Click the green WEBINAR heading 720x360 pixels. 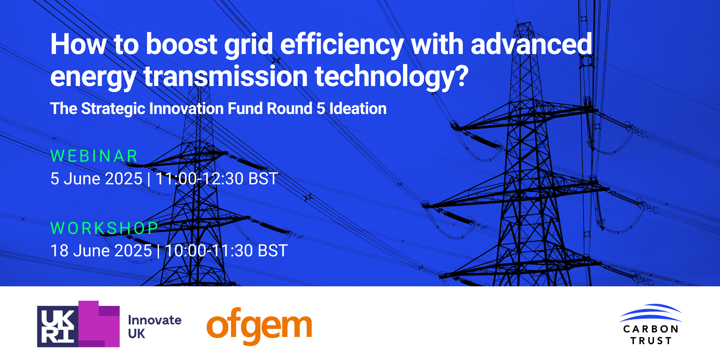tap(94, 156)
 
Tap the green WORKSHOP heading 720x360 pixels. tap(104, 228)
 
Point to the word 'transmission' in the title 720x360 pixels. tap(226, 77)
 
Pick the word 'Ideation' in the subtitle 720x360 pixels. tap(358, 109)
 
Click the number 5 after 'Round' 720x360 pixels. tap(321, 109)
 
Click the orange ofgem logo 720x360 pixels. tap(259, 325)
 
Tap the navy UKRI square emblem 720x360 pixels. tap(58, 326)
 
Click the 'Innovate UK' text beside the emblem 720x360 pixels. tap(155, 327)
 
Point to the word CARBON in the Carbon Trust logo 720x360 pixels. tap(651, 329)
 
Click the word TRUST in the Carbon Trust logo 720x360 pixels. tap(651, 341)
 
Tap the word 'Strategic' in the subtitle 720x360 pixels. tap(113, 109)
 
